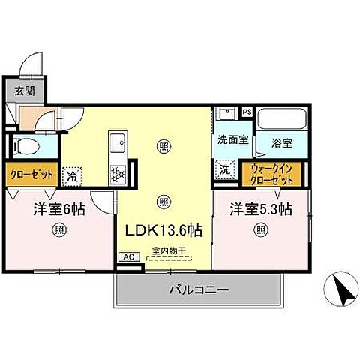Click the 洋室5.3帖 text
click(260, 211)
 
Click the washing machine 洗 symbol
click(224, 170)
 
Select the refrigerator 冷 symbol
click(73, 175)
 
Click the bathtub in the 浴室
click(280, 121)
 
